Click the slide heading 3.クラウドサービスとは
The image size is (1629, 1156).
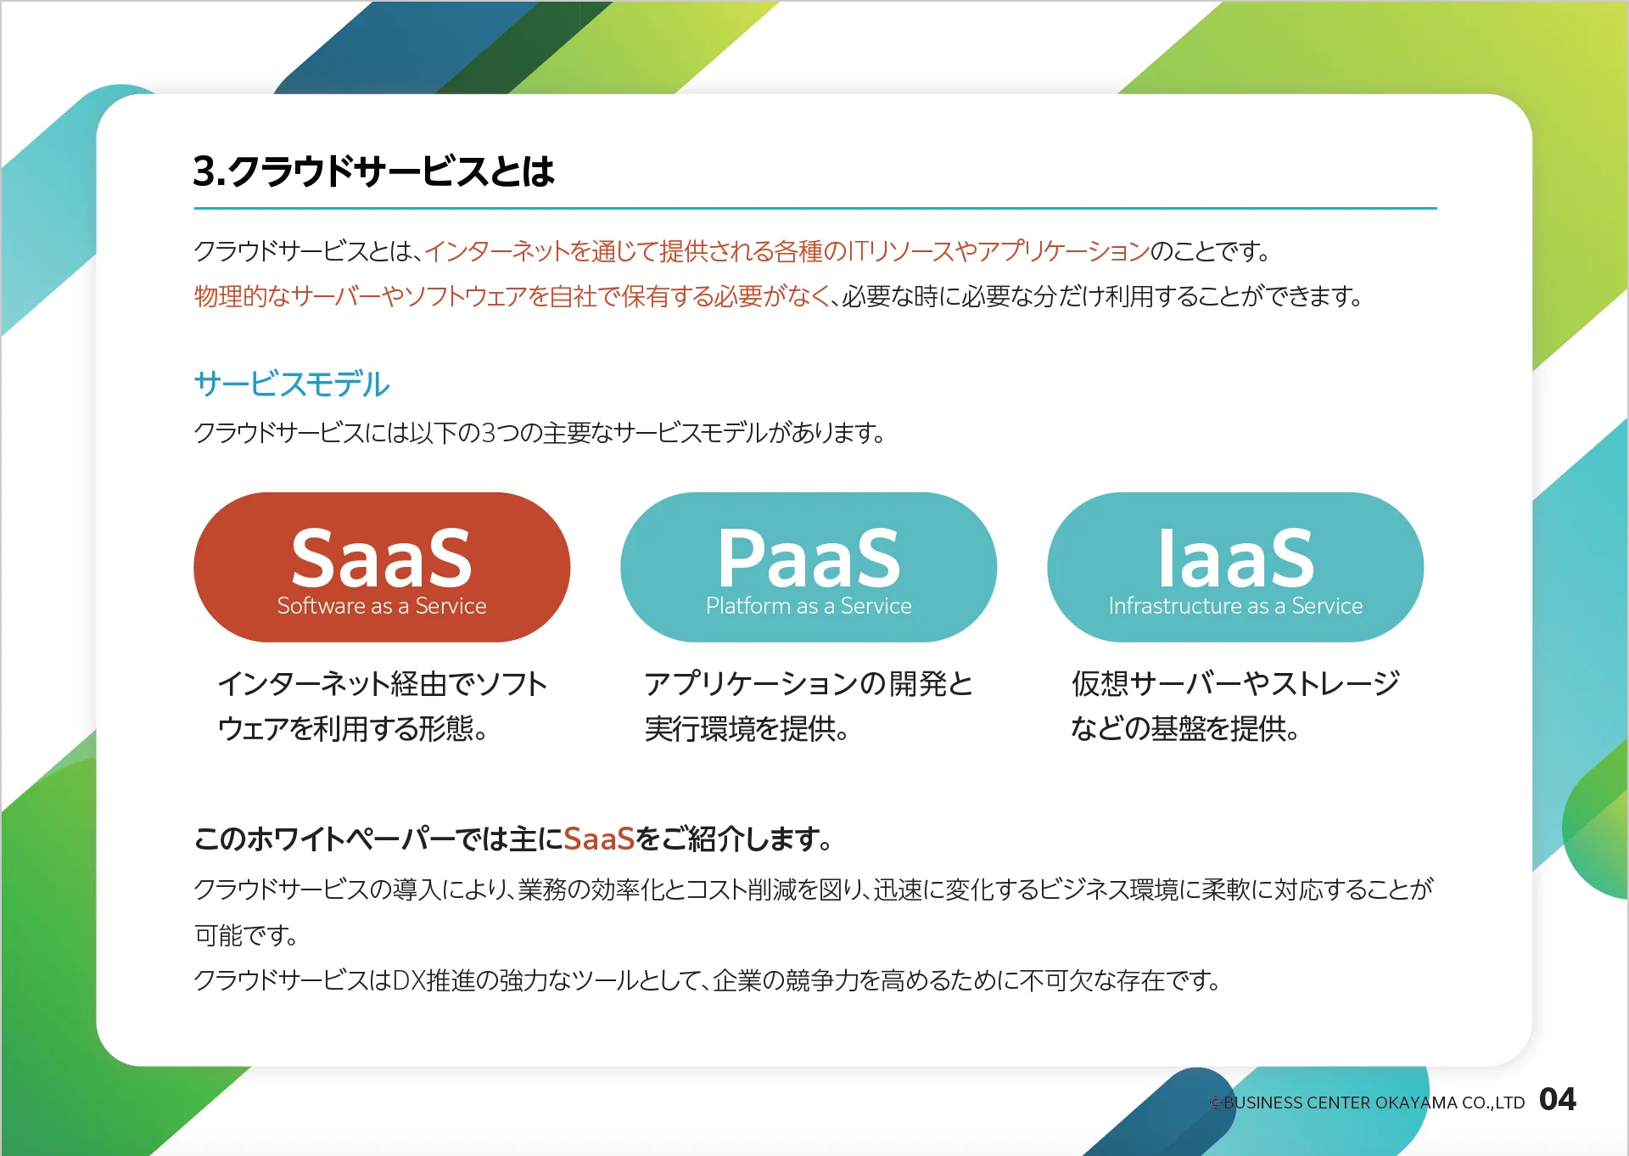(x=373, y=171)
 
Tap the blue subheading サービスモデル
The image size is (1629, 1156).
(x=292, y=384)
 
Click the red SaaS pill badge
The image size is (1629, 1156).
(x=382, y=567)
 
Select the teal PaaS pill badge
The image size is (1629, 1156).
(x=809, y=567)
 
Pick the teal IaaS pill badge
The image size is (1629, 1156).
(x=1235, y=567)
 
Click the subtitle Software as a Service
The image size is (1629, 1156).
(x=382, y=606)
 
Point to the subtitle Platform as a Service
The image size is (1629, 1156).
(x=809, y=606)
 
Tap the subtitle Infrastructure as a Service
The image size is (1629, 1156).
(x=1235, y=606)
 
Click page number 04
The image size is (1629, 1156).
(x=1558, y=1100)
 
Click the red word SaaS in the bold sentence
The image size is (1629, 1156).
(x=599, y=839)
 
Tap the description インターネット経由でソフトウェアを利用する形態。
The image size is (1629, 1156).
(x=383, y=706)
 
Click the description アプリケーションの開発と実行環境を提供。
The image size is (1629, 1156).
(x=809, y=706)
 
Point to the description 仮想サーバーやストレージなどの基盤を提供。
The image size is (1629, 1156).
(x=1235, y=706)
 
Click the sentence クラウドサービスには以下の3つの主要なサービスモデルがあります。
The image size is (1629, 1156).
(x=540, y=433)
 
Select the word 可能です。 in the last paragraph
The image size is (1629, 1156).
(x=246, y=935)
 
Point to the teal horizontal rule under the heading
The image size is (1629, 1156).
(x=815, y=208)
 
